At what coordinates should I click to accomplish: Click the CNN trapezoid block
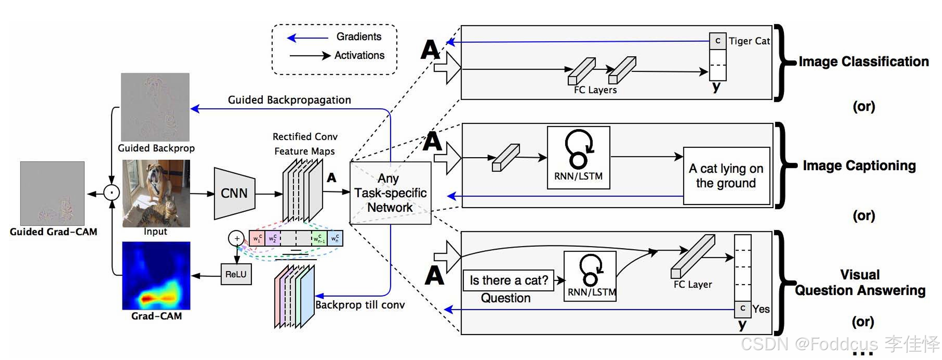click(x=234, y=193)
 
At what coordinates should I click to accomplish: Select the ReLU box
click(x=236, y=274)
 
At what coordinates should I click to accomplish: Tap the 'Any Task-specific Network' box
click(x=390, y=193)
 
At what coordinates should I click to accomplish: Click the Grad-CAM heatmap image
click(x=156, y=276)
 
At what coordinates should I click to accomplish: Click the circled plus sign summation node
click(x=236, y=239)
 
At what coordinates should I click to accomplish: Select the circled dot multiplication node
click(x=111, y=193)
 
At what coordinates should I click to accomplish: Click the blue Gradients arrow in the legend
click(x=307, y=38)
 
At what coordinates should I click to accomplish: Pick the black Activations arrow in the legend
click(x=310, y=56)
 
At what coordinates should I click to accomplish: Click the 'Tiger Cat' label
click(x=749, y=41)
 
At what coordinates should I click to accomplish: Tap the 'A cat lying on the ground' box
click(x=726, y=176)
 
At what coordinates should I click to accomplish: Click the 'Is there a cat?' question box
click(x=509, y=280)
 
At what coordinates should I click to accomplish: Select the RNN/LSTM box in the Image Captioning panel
click(x=578, y=158)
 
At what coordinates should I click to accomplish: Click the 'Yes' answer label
click(x=761, y=309)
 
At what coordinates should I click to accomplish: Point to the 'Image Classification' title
click(x=863, y=62)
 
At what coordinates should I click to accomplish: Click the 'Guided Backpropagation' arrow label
click(x=289, y=100)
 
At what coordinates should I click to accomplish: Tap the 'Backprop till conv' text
click(x=360, y=305)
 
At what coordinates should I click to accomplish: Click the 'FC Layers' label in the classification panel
click(x=595, y=90)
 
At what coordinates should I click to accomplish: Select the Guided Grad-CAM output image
click(x=52, y=193)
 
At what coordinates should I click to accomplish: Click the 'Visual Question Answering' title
click(x=860, y=283)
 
